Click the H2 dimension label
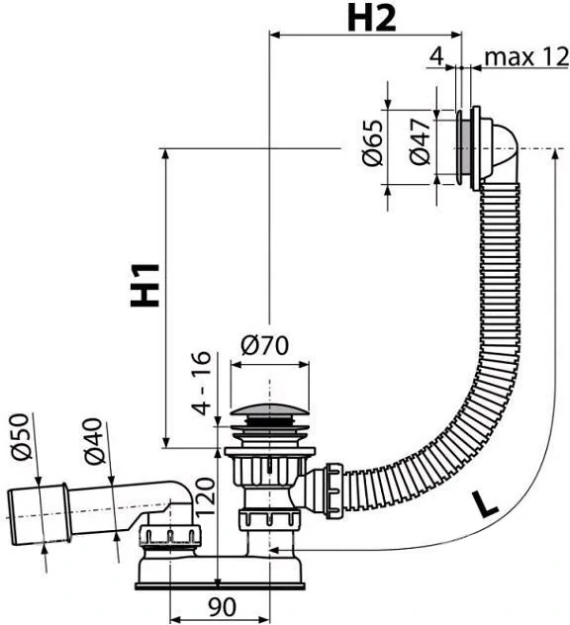(372, 19)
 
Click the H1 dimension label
(145, 285)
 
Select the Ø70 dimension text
(264, 345)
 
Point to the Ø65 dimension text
(372, 142)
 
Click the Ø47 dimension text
(421, 141)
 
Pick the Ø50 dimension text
(21, 436)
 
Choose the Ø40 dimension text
(94, 441)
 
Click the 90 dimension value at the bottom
(222, 607)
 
